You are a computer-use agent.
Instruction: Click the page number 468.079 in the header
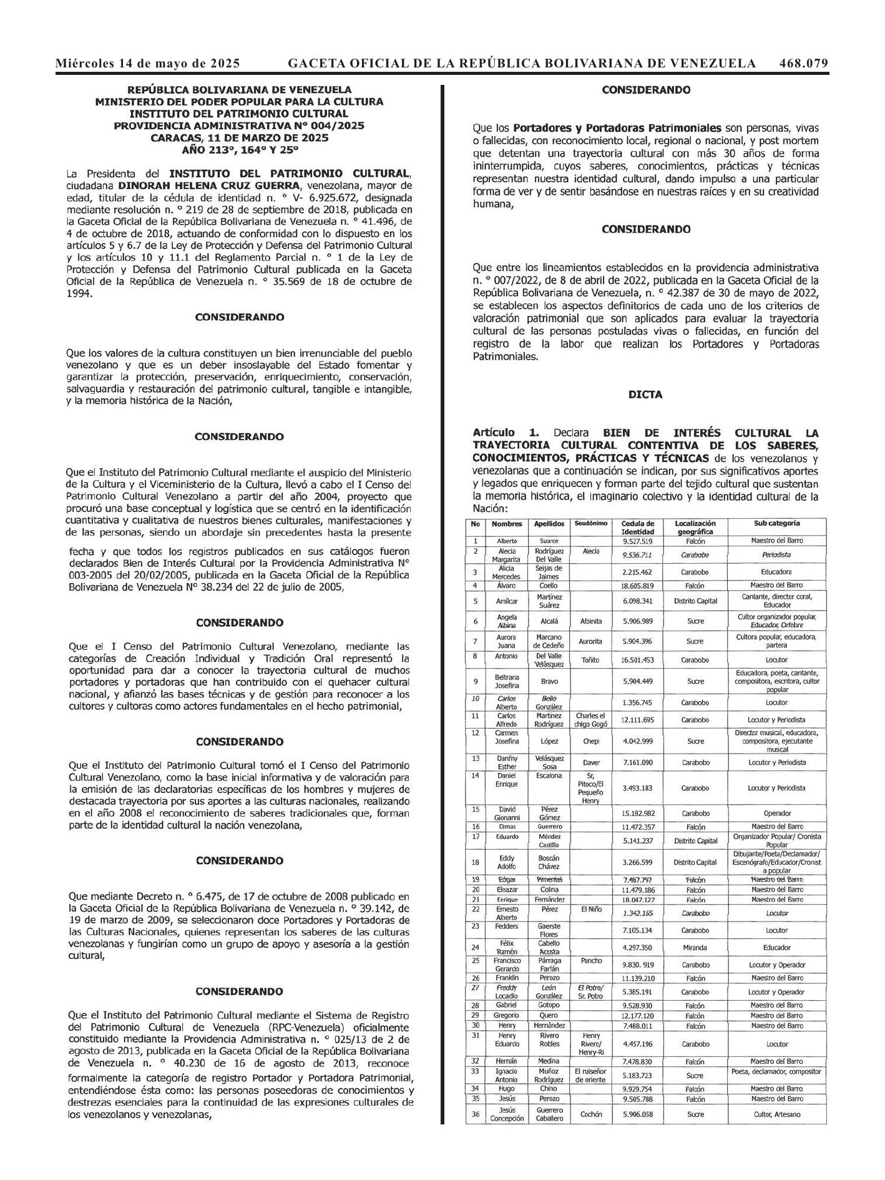pos(803,63)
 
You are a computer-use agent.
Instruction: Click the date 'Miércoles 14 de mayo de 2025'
pos(148,63)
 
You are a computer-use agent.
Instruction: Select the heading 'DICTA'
pos(646,395)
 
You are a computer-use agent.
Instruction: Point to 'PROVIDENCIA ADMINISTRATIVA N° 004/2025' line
pos(239,125)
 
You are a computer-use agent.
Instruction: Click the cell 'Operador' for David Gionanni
pos(776,814)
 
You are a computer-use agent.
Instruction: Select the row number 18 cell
pos(476,862)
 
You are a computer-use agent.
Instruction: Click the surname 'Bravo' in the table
pos(549,681)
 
